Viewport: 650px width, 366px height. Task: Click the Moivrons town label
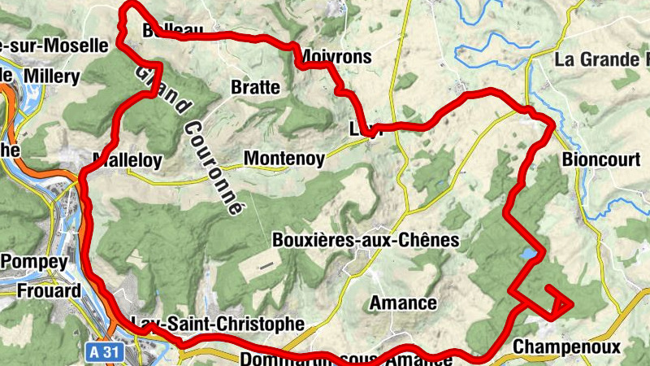[336, 57]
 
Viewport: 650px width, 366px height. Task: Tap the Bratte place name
[255, 87]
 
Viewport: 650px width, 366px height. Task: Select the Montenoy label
[284, 158]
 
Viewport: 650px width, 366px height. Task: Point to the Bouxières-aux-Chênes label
[366, 241]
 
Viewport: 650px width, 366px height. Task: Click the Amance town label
[403, 303]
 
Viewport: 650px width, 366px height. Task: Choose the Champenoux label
[567, 348]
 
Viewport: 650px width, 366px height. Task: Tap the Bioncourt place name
[600, 159]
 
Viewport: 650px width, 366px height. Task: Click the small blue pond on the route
[529, 255]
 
